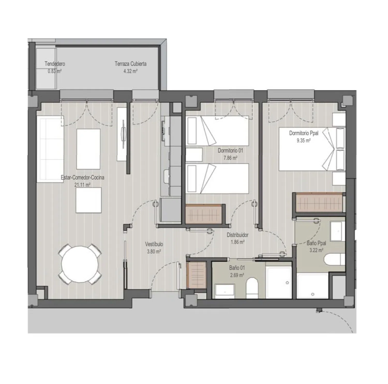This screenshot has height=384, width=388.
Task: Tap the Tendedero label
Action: point(55,64)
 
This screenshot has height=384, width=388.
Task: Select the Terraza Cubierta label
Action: point(131,64)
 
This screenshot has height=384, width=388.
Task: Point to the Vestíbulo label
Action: point(154,244)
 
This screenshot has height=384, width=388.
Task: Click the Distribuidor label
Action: point(238,235)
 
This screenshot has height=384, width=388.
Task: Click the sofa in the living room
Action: point(50,149)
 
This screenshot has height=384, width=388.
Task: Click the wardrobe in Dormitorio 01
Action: point(204,214)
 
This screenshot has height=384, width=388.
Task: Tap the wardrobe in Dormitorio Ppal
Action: point(319,202)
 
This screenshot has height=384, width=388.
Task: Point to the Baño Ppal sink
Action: point(338,231)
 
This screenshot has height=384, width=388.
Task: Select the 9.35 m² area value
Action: point(304,141)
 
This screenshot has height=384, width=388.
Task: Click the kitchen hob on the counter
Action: point(163,131)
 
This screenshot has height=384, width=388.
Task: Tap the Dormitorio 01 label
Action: point(230,151)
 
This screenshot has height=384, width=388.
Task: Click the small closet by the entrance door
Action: point(196,275)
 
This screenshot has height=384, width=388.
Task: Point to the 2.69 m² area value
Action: point(237,275)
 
